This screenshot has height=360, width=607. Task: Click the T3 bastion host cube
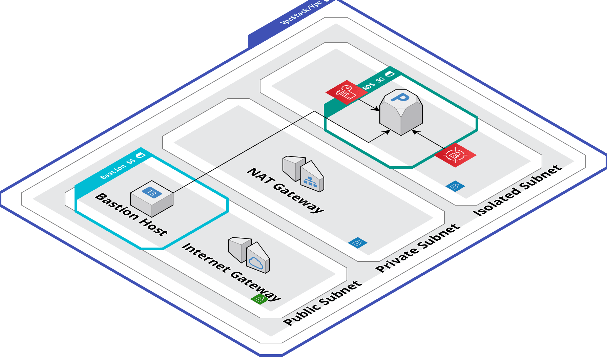click(152, 199)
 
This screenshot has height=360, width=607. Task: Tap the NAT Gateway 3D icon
click(303, 174)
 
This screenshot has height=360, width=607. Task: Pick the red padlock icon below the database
click(455, 155)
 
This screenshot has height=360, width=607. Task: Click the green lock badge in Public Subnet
click(259, 299)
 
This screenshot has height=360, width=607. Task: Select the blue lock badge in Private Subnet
click(358, 242)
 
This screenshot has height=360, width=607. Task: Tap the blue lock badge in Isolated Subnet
click(455, 186)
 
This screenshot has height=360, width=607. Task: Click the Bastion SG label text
click(118, 168)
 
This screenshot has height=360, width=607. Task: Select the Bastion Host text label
click(131, 214)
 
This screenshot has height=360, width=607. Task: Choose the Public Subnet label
click(322, 303)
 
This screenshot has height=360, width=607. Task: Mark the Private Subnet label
click(418, 248)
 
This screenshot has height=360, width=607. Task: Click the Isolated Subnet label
click(517, 191)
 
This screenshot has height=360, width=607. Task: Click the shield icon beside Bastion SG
click(141, 155)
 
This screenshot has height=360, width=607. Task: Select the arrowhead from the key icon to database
click(377, 109)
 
